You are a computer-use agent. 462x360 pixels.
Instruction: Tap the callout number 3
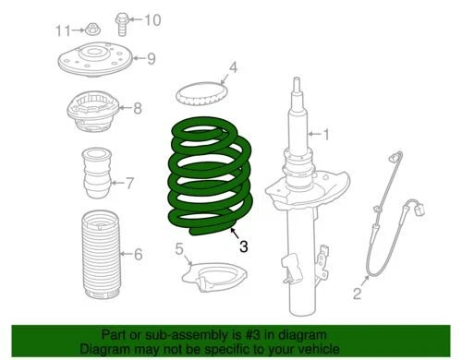(243, 246)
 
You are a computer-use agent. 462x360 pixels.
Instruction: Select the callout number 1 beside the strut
(324, 136)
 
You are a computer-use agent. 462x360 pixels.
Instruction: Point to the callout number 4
(234, 66)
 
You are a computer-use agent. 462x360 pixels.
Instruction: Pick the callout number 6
(138, 255)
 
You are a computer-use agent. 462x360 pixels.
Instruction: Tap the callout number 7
(129, 184)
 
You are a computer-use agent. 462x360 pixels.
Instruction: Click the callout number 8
(138, 109)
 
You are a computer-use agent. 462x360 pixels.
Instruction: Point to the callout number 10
(152, 19)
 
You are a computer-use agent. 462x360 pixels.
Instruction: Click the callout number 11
(62, 30)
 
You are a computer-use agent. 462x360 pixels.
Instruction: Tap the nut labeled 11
(88, 30)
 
